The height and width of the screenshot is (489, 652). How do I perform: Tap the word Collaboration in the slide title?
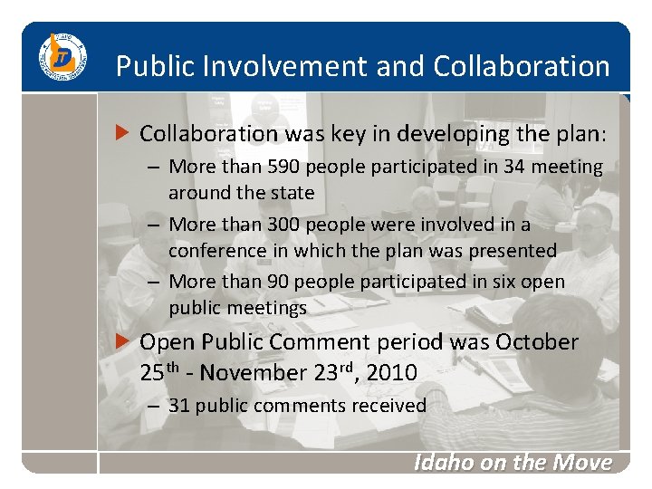pos(522,66)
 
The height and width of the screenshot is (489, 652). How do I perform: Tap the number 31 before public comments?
pos(179,406)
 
